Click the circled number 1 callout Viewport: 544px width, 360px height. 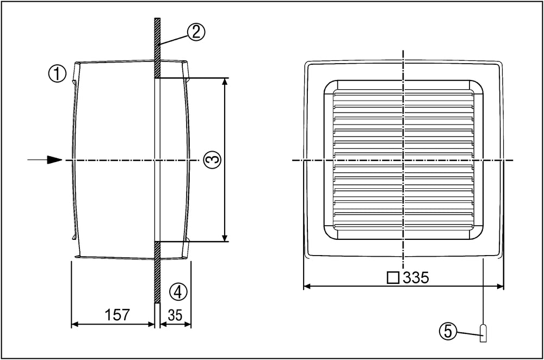pyautogui.click(x=58, y=73)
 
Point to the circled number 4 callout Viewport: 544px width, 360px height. pyautogui.click(x=178, y=292)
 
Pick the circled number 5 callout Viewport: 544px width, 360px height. pyautogui.click(x=448, y=331)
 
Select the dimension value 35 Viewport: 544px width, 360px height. pyautogui.click(x=175, y=315)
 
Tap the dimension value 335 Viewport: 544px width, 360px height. pyautogui.click(x=415, y=278)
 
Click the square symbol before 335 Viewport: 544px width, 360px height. pyautogui.click(x=392, y=278)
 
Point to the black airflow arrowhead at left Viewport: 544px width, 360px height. pyautogui.click(x=54, y=160)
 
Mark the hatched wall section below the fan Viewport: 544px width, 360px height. pyautogui.click(x=156, y=272)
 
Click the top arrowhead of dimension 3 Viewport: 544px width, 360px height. pyautogui.click(x=225, y=82)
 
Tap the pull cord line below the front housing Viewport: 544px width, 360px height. pyautogui.click(x=483, y=294)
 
